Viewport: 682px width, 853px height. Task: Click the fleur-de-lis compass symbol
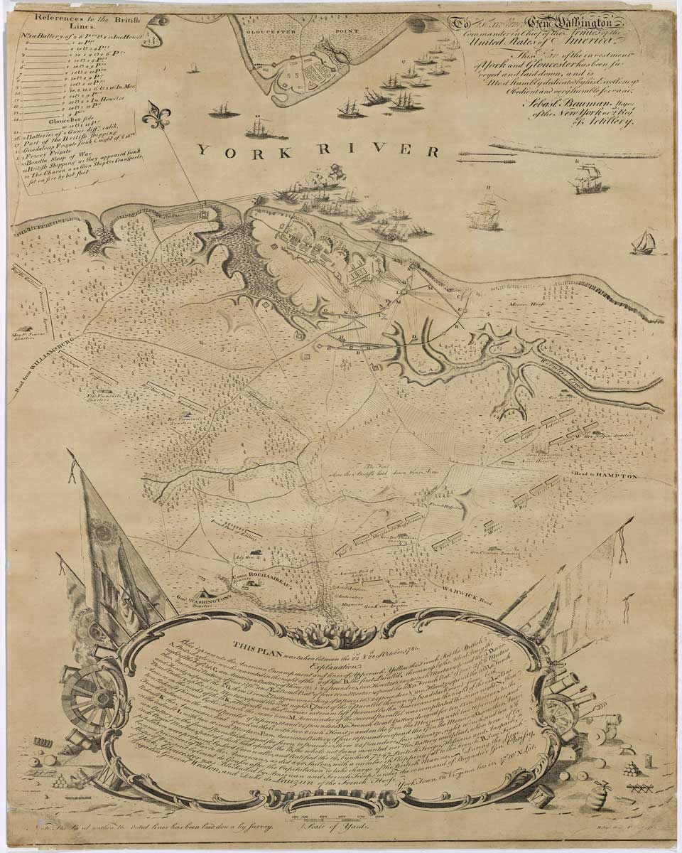(x=156, y=115)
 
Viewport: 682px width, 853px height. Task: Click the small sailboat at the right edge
(x=644, y=242)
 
